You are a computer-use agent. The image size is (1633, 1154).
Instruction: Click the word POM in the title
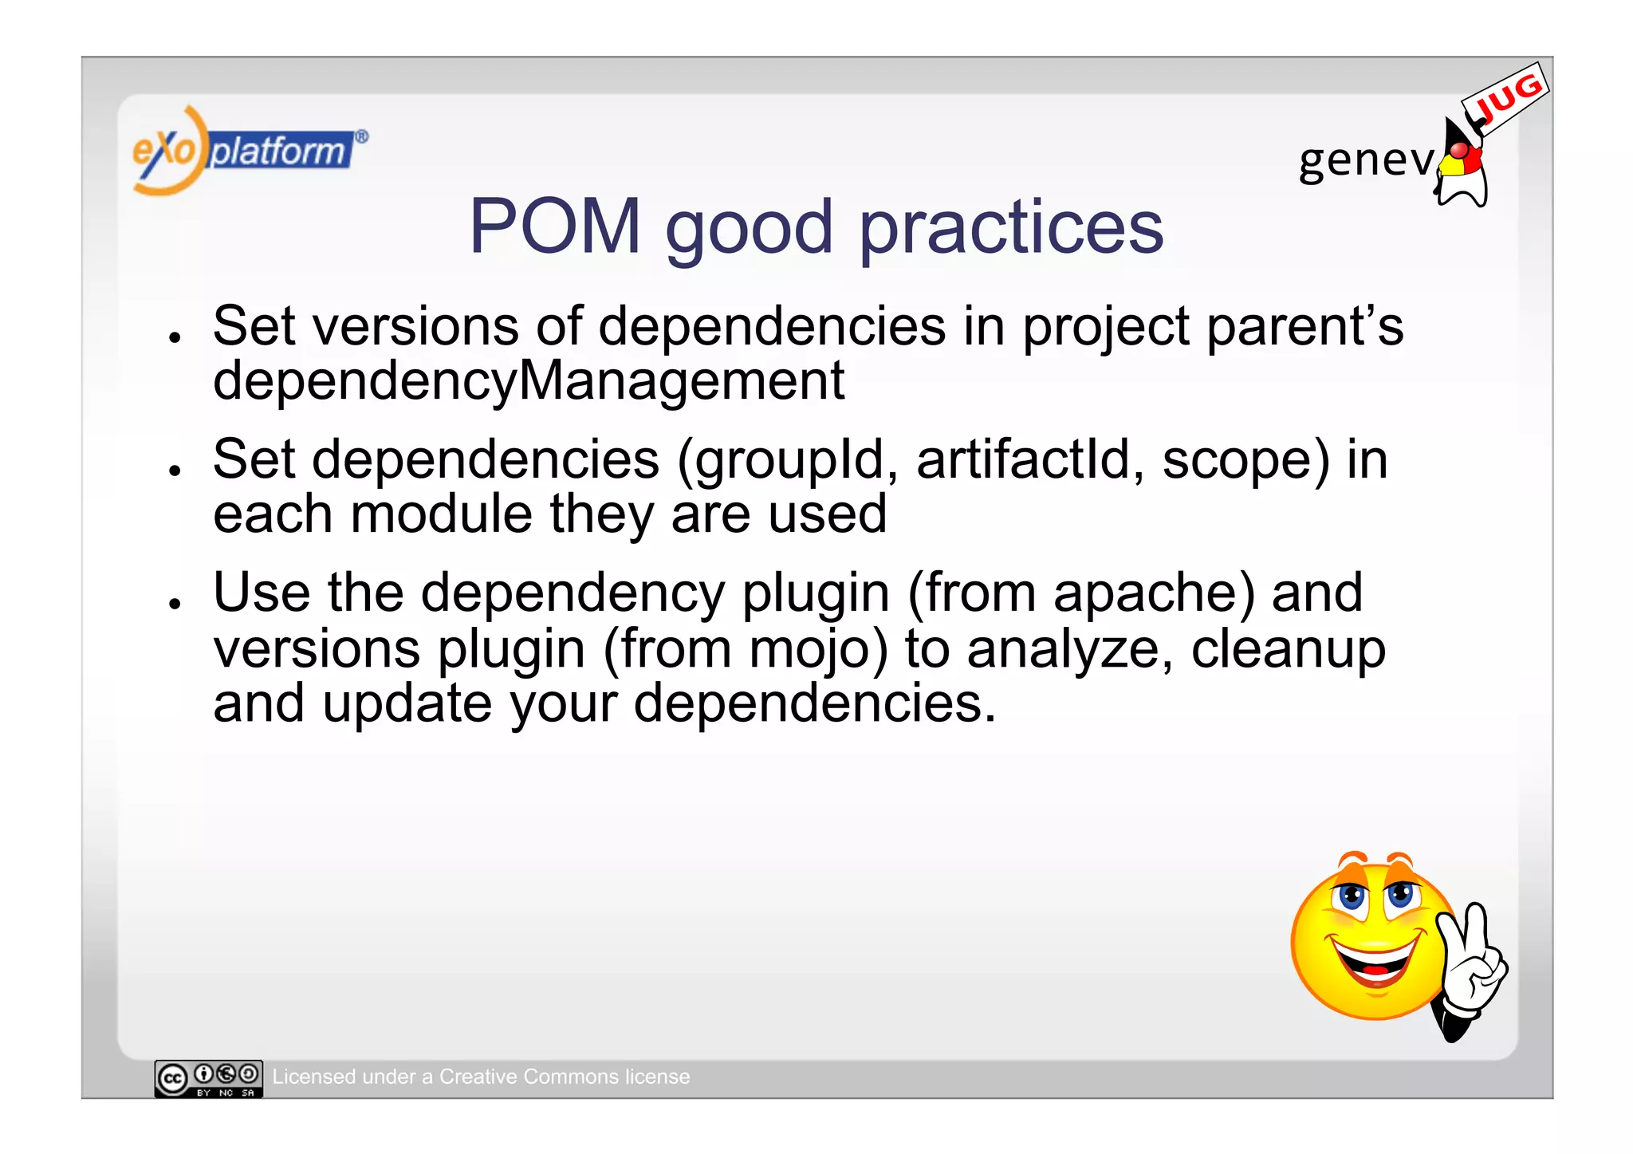pyautogui.click(x=555, y=227)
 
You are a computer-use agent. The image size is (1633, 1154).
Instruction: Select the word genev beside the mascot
pyautogui.click(x=1365, y=160)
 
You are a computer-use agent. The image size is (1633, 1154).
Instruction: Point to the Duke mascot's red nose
pyautogui.click(x=1458, y=151)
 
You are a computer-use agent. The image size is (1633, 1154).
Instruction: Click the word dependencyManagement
pyautogui.click(x=528, y=382)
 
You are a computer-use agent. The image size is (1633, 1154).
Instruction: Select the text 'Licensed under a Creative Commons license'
pyautogui.click(x=481, y=1077)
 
